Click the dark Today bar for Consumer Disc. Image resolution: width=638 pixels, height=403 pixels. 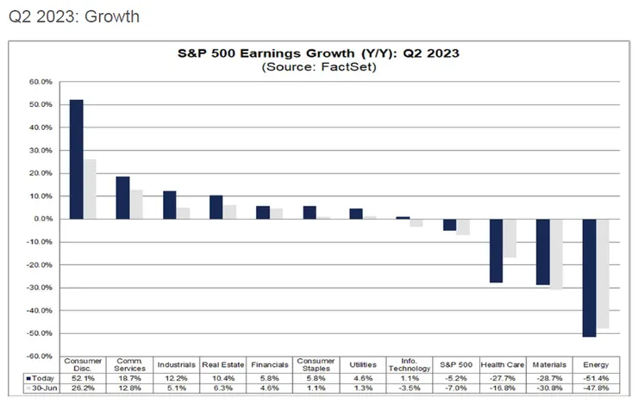tap(76, 159)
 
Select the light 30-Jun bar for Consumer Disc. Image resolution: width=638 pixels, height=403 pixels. tap(90, 189)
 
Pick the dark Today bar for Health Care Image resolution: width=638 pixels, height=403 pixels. tap(496, 251)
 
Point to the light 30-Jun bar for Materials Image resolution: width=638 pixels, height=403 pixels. tap(556, 254)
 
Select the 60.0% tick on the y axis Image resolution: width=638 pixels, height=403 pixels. tap(41, 82)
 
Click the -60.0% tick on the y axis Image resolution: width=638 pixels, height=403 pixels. tap(41, 356)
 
